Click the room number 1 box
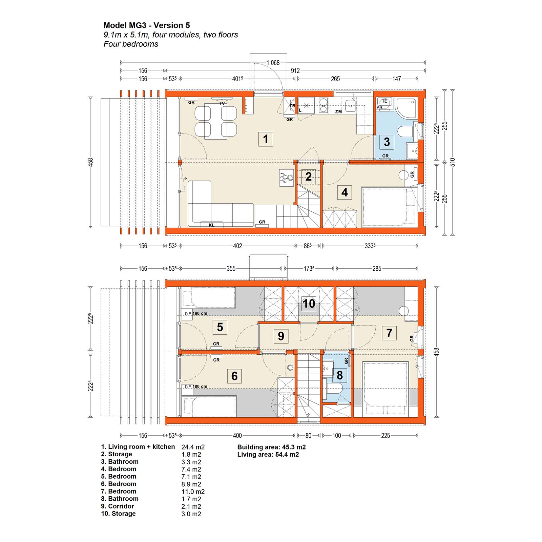(266, 139)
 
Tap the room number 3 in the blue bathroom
(387, 142)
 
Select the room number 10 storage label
(309, 304)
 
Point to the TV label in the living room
(222, 103)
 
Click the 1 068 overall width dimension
(273, 63)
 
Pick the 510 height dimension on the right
(453, 162)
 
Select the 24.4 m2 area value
(193, 447)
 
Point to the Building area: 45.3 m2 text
(271, 447)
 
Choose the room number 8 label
(340, 375)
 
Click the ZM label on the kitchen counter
(338, 112)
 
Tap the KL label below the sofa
(211, 225)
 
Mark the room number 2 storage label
(308, 176)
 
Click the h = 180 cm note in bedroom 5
(196, 313)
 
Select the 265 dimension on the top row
(335, 79)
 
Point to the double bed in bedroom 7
(385, 390)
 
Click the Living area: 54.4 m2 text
(268, 455)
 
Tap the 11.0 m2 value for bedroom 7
(193, 492)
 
